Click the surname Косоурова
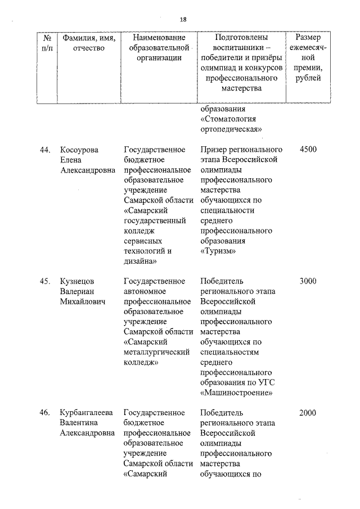79,150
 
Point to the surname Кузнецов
78,281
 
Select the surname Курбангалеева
86,413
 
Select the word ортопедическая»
232,129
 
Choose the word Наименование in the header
159,38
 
